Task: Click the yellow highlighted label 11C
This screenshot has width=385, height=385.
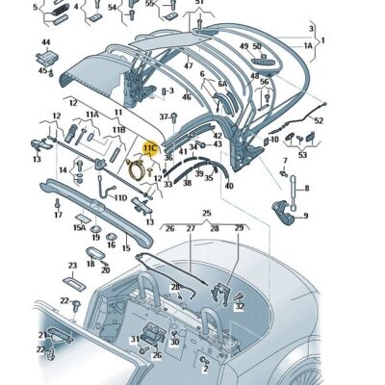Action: click(149, 148)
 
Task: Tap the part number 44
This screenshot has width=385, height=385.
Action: click(45, 43)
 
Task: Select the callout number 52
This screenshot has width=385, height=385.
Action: click(319, 120)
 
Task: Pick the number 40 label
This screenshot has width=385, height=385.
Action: click(228, 186)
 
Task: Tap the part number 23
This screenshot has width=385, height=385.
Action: click(71, 266)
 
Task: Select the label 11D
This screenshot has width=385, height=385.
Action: click(120, 198)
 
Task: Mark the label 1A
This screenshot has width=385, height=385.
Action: click(308, 45)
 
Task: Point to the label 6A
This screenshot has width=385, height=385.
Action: click(221, 85)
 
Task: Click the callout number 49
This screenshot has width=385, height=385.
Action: click(244, 46)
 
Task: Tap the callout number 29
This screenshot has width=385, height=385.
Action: click(239, 228)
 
